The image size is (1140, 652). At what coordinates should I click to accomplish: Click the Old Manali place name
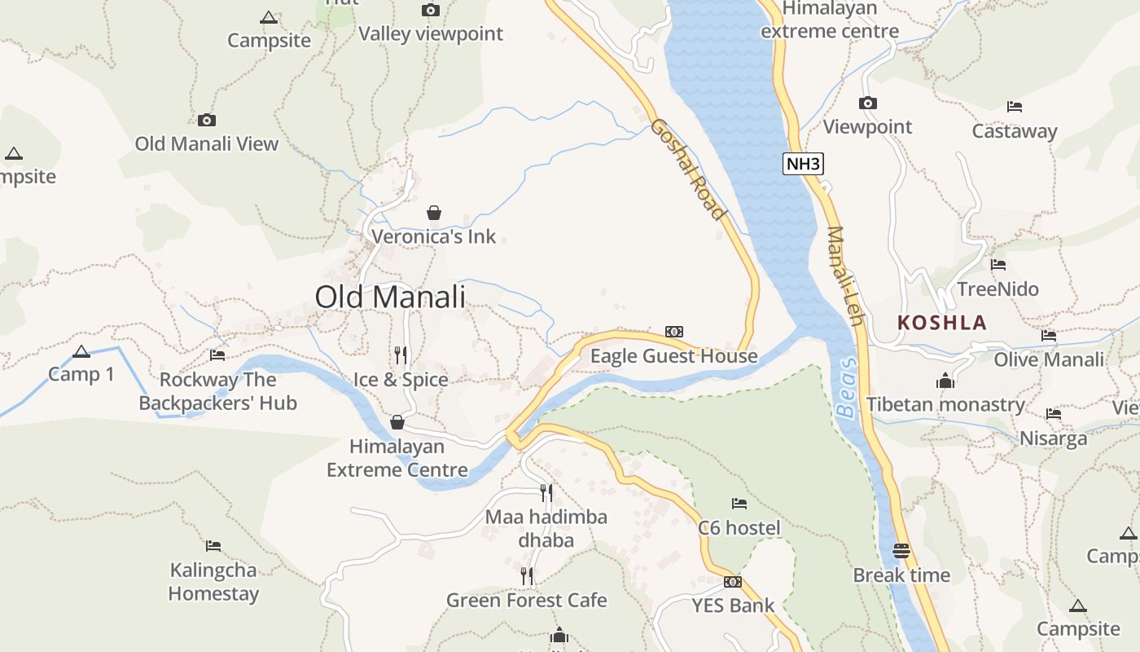pos(390,297)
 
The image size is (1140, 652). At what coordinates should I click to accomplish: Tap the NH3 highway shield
pos(804,164)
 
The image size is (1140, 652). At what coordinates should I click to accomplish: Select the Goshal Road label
pos(688,170)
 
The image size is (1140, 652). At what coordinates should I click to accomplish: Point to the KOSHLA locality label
pos(942,322)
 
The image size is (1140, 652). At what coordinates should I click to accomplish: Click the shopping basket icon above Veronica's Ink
pos(434,213)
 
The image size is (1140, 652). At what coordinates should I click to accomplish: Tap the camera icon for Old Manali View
pos(207,120)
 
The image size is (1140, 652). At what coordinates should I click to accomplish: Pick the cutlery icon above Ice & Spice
pos(400,355)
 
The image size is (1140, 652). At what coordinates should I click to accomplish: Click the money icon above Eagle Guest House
pos(673,332)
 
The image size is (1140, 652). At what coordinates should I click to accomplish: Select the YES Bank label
pos(733,606)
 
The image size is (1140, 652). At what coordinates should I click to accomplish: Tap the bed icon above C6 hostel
pos(739,504)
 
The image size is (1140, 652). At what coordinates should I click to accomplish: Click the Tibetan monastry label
pos(945,404)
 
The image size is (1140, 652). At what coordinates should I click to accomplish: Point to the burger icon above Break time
pos(901,550)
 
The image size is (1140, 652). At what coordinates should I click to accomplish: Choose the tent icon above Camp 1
pos(81,351)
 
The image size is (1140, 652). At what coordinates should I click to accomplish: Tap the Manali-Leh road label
pos(844,275)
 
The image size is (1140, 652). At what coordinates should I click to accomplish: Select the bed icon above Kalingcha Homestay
pos(213,545)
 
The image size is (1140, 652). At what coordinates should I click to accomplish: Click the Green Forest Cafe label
pos(527,601)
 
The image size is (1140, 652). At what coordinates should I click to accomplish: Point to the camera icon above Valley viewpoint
pos(431,10)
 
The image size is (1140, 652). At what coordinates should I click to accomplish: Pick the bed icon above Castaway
pos(1014,107)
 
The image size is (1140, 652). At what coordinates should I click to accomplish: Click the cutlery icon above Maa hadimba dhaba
pos(546,492)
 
